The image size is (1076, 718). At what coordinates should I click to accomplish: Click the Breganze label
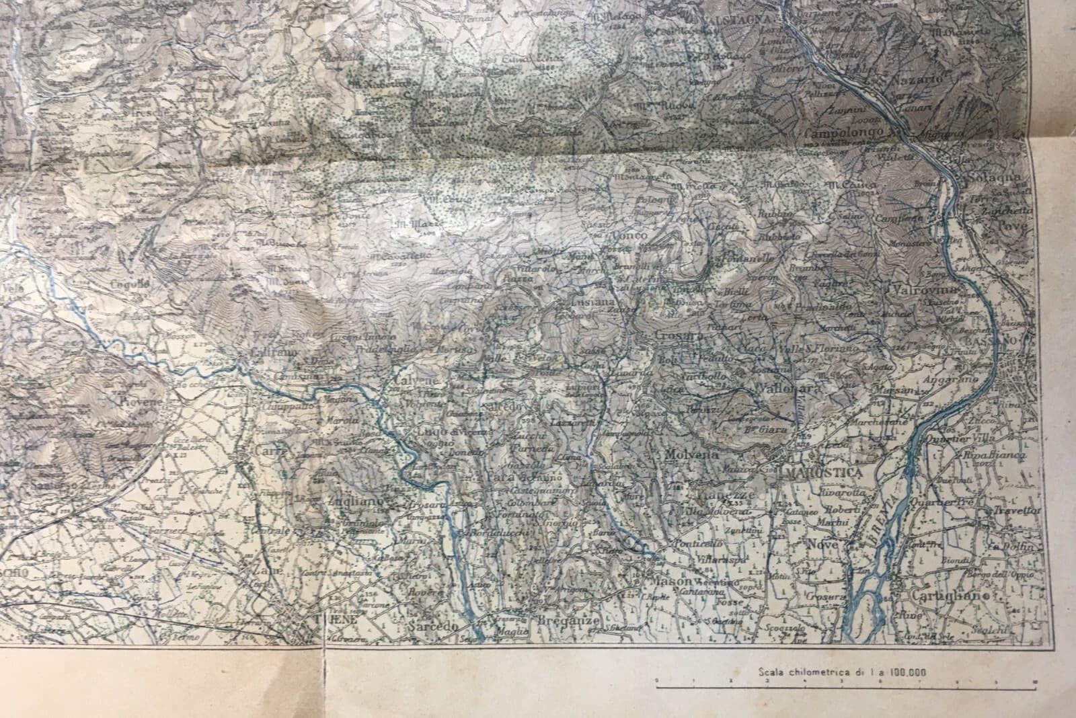pos(565,621)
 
